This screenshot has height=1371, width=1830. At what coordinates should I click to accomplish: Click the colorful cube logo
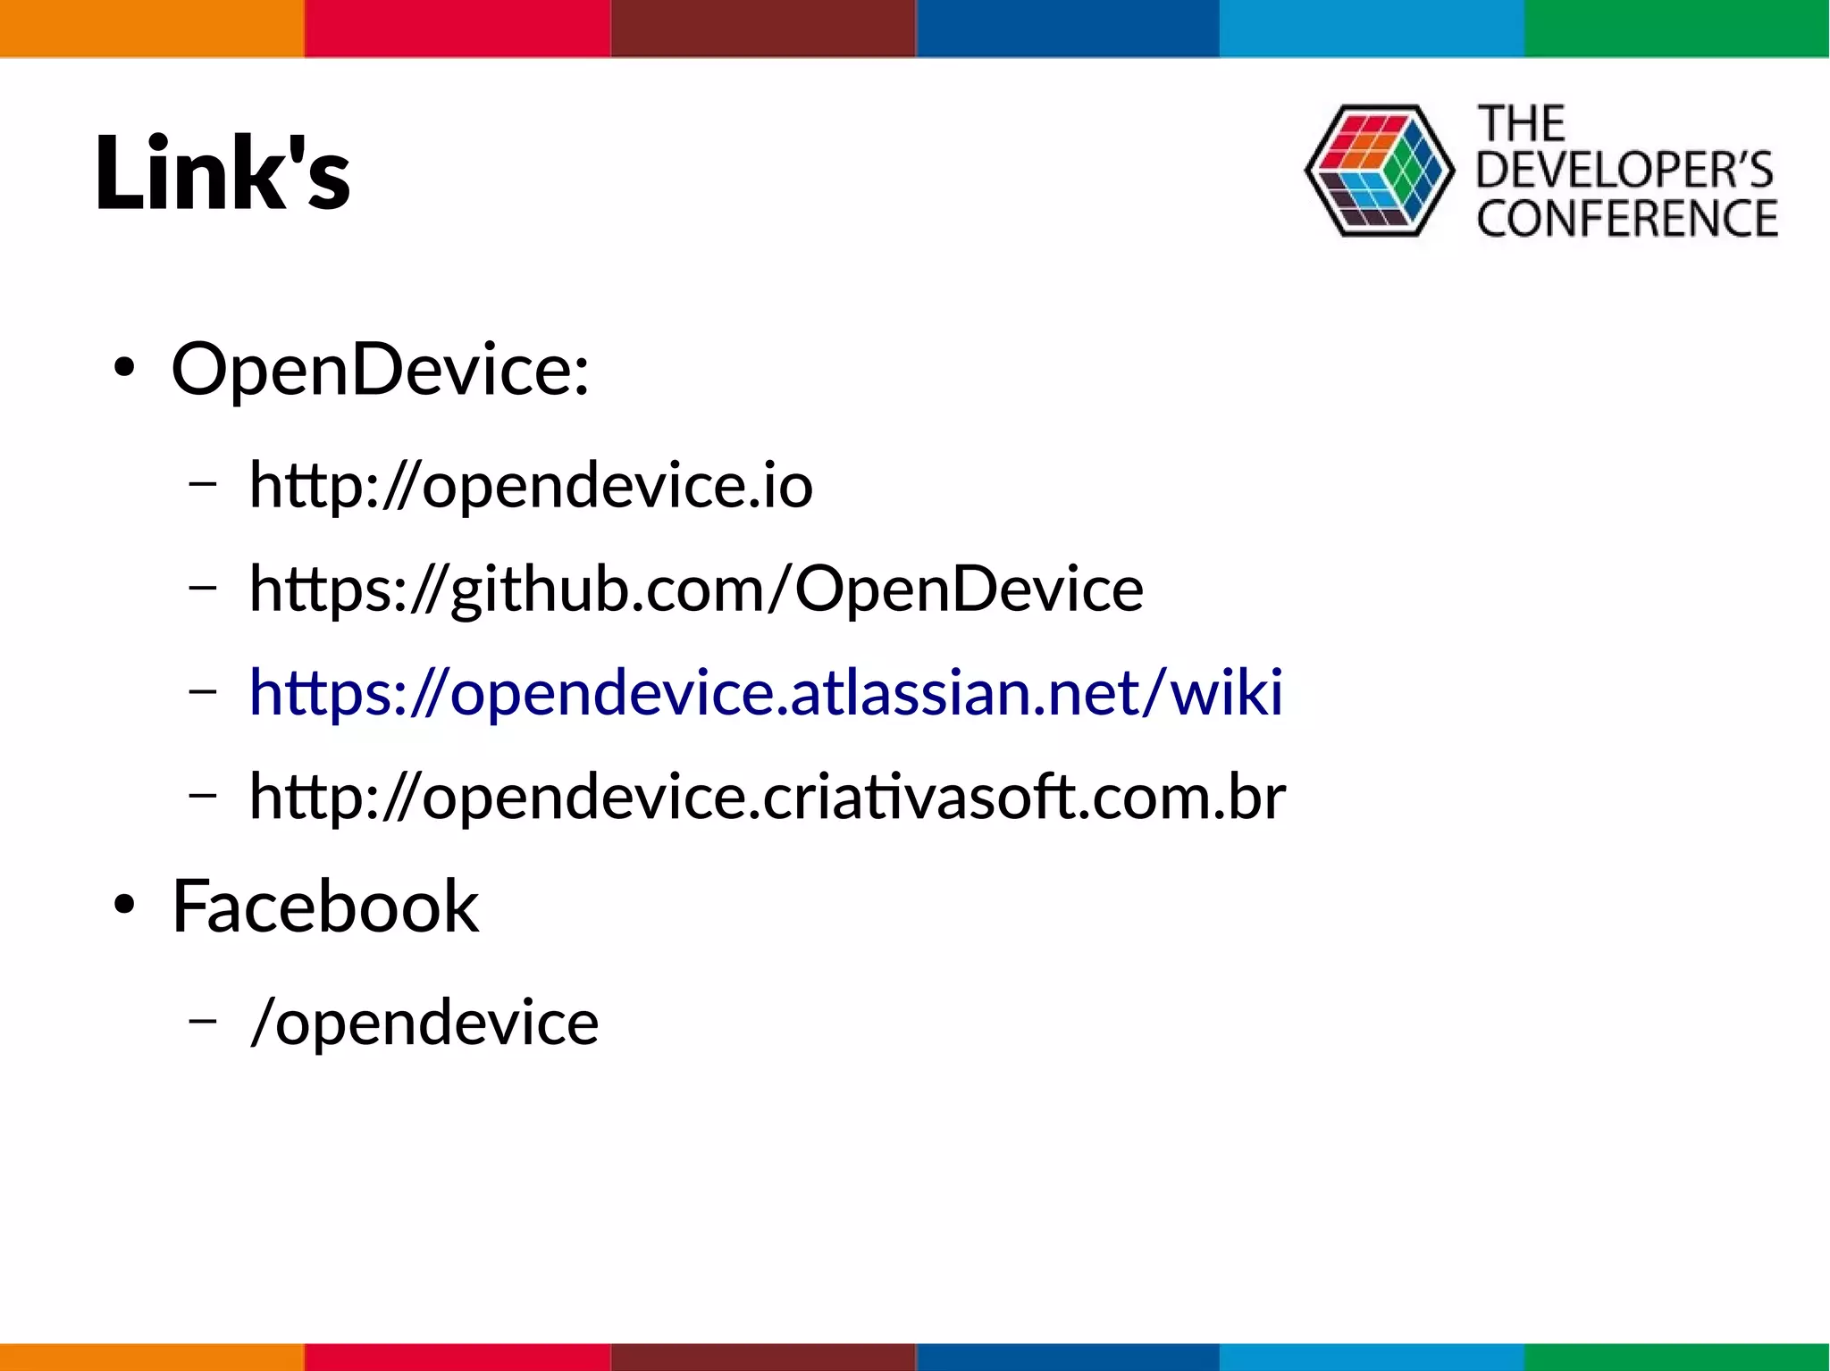coord(1379,171)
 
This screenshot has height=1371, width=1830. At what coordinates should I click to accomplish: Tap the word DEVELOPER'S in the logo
coord(1624,170)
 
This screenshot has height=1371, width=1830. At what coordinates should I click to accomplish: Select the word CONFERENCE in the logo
coord(1626,219)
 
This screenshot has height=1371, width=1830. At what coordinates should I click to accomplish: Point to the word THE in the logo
coord(1521,123)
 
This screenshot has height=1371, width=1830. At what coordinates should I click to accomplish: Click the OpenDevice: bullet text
coord(381,369)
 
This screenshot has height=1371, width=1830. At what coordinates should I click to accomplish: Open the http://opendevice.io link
coord(531,486)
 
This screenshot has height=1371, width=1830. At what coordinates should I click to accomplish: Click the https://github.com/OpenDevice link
coord(696,589)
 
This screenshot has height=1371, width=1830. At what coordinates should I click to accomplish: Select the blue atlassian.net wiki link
coord(766,692)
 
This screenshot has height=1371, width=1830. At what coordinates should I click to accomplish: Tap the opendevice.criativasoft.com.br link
coord(768,796)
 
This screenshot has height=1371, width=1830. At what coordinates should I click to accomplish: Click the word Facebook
coord(325,907)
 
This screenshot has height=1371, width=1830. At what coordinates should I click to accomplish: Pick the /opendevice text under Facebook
coord(424,1023)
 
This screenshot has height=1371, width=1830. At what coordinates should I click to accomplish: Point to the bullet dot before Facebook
coord(124,906)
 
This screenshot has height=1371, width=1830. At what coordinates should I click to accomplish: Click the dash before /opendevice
coord(203,1021)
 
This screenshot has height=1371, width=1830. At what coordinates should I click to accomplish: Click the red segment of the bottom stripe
coord(457,1357)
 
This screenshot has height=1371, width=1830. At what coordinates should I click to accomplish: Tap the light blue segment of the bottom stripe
coord(1372,1357)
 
